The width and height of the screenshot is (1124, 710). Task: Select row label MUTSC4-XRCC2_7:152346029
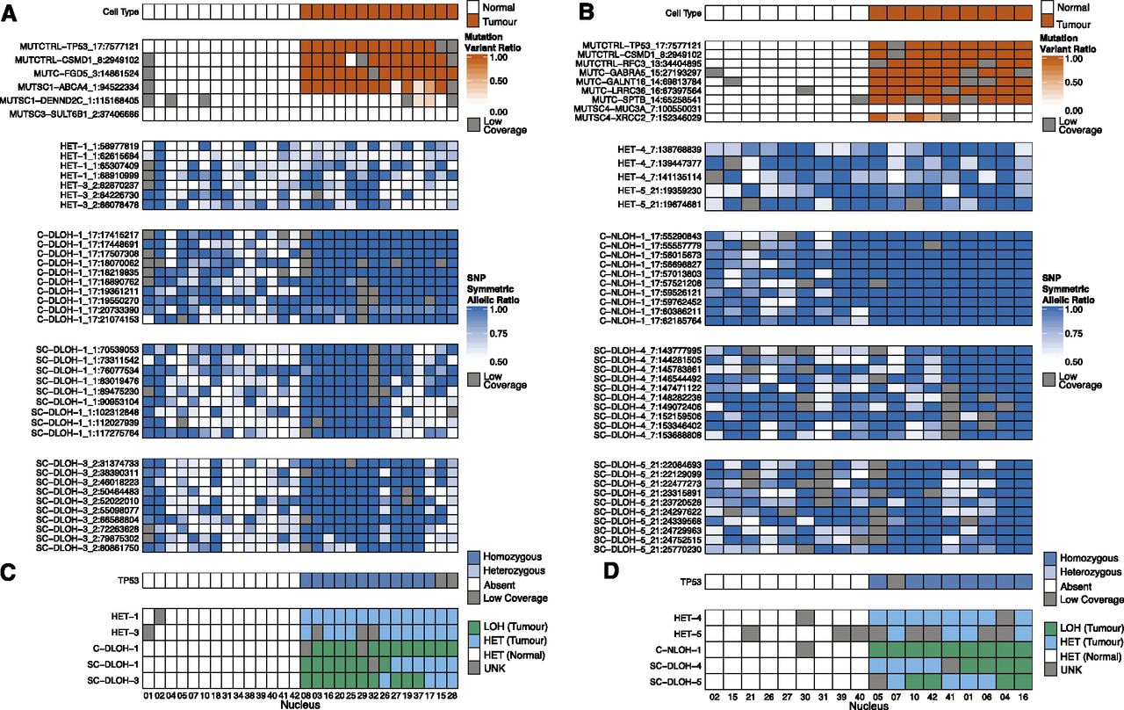[x=642, y=117]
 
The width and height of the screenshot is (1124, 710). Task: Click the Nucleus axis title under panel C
[x=301, y=705]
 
